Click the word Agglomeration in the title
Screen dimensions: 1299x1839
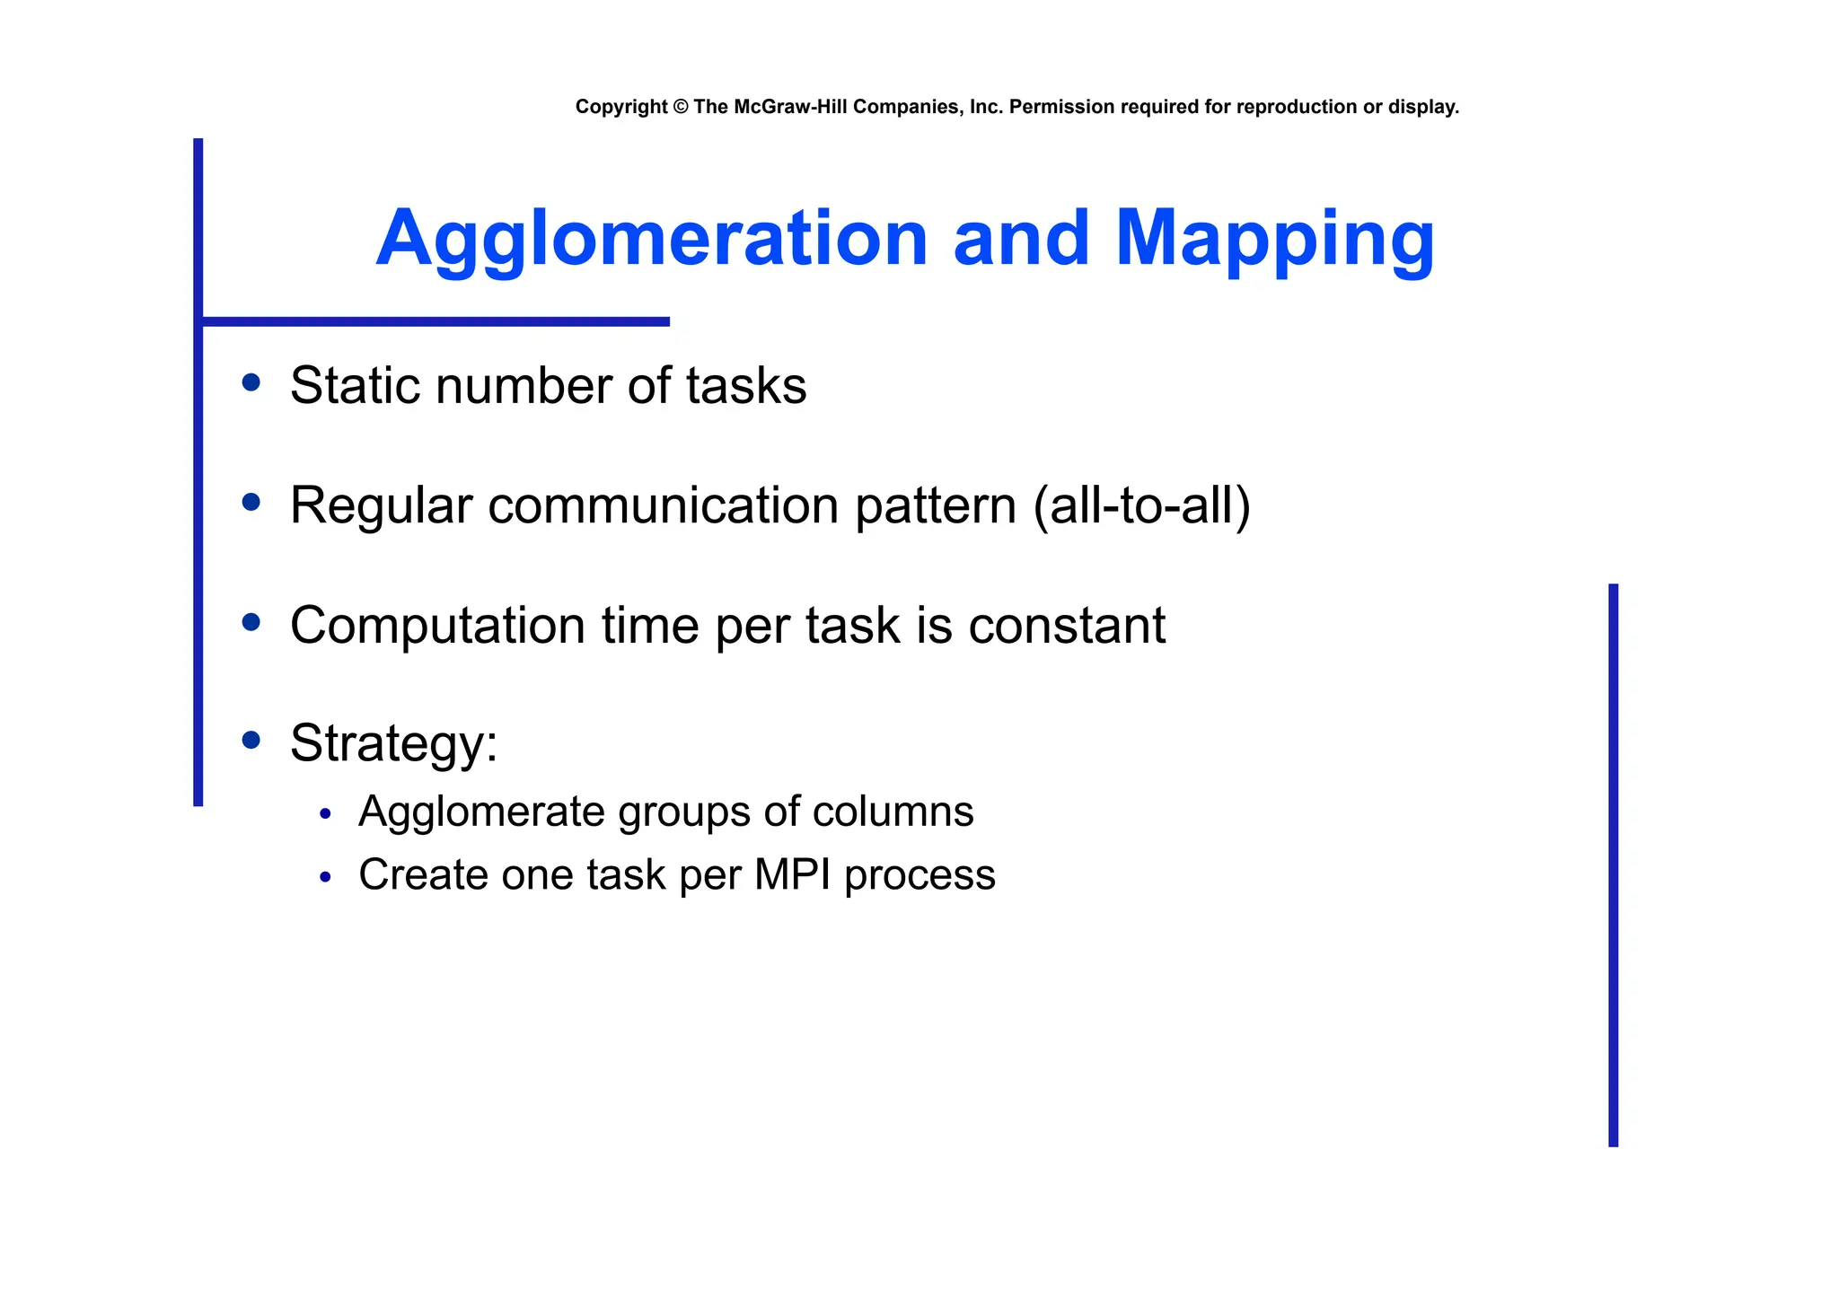[651, 239]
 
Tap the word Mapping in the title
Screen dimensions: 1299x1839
[1274, 239]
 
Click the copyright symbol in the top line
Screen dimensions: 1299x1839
[680, 107]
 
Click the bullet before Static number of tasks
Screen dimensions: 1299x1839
[251, 383]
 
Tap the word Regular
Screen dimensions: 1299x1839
[381, 505]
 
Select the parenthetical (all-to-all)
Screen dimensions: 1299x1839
[1141, 505]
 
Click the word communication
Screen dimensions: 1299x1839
[663, 505]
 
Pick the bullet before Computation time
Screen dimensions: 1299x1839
[251, 622]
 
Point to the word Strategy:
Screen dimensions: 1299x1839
[393, 743]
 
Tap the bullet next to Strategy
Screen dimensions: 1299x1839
[251, 741]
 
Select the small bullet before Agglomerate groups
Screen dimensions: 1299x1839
[325, 814]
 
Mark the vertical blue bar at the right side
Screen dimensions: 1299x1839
[1613, 865]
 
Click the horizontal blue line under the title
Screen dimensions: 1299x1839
[436, 321]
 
